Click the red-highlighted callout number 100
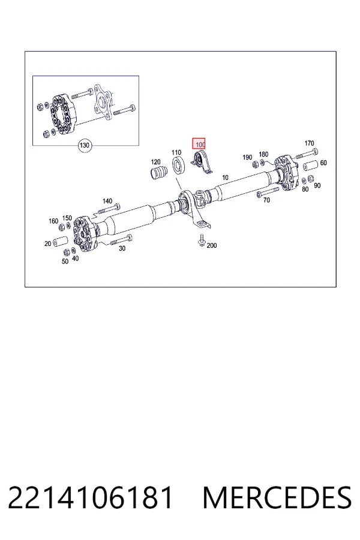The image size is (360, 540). (x=199, y=144)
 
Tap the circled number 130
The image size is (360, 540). (x=85, y=145)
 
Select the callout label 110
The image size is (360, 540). (x=176, y=152)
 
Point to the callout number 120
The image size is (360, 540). (x=156, y=162)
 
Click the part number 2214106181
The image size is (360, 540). (x=90, y=498)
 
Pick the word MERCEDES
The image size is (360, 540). (x=277, y=498)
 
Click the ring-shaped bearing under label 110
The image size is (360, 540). (x=179, y=164)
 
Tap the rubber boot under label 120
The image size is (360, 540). (x=158, y=172)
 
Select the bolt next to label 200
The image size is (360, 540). (x=201, y=240)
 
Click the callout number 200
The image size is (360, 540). (x=212, y=245)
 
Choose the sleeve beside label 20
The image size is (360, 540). (x=61, y=241)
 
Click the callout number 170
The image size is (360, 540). (x=309, y=143)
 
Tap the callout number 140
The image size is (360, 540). (x=107, y=201)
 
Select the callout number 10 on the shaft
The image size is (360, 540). (x=225, y=178)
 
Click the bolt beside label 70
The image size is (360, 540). (x=268, y=192)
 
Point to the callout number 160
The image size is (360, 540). (x=53, y=221)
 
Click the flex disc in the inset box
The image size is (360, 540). (x=62, y=113)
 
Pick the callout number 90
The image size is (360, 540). (x=317, y=185)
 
